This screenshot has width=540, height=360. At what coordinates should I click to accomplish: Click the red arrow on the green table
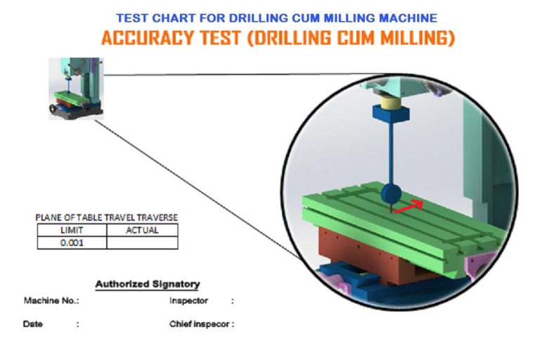click(x=409, y=206)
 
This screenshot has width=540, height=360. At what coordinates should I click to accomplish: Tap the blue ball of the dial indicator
click(x=391, y=194)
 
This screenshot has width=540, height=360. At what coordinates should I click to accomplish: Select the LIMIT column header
click(x=72, y=230)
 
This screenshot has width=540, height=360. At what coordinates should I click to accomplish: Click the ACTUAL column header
click(x=142, y=230)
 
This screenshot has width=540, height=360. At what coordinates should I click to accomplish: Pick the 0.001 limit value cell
click(x=72, y=243)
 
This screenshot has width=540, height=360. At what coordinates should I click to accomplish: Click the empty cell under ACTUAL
click(x=142, y=243)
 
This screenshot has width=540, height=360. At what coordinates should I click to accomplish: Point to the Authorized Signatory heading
click(x=148, y=284)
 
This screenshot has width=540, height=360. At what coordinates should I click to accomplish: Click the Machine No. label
click(x=51, y=301)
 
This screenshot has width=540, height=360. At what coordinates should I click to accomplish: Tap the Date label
click(x=33, y=324)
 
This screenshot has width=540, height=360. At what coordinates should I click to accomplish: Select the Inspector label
click(x=188, y=301)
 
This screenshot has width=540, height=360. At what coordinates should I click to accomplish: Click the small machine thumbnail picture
click(x=76, y=89)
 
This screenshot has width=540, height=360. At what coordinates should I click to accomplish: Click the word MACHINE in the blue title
click(x=408, y=18)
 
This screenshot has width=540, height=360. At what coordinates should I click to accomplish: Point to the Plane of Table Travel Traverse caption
click(x=107, y=218)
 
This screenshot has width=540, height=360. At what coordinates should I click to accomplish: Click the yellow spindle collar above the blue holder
click(x=391, y=103)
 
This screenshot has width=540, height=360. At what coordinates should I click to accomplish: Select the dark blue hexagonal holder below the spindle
click(x=391, y=114)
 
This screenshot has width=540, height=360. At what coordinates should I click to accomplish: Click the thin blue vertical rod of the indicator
click(x=391, y=153)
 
